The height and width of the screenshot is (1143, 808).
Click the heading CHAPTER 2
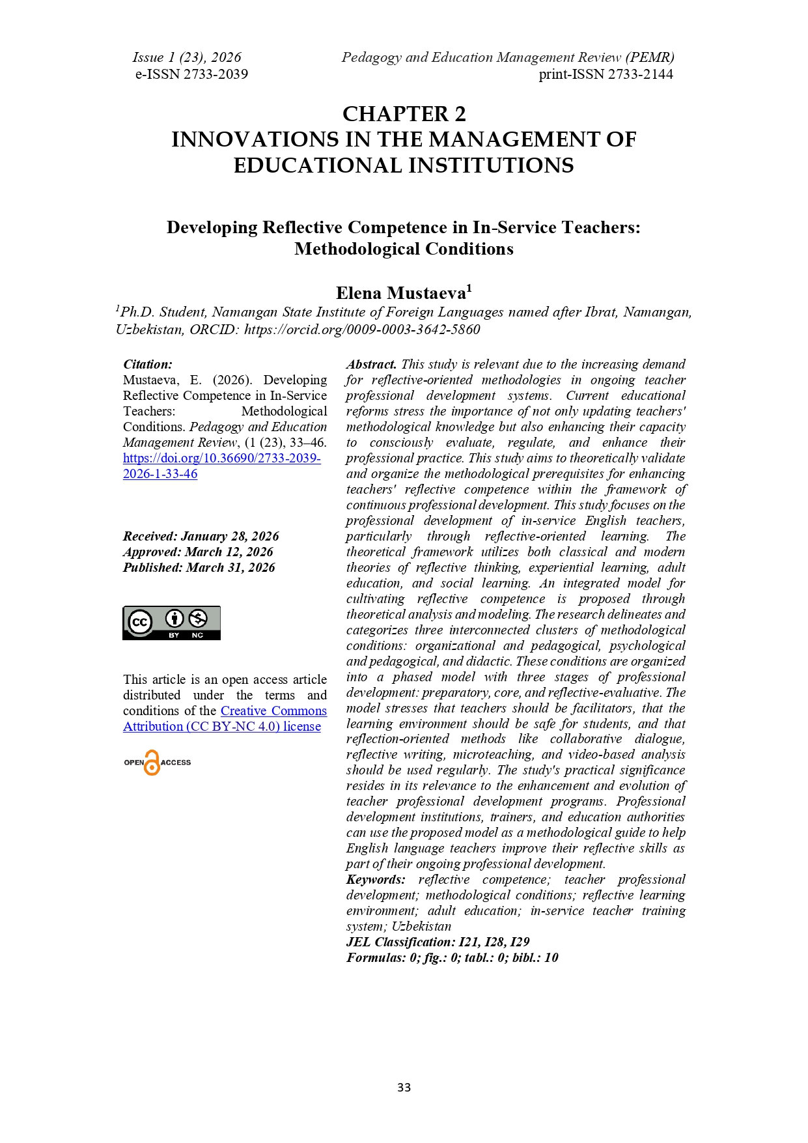404,114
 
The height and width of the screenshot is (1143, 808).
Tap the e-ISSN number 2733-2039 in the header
216,74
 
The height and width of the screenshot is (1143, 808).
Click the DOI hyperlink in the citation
221,466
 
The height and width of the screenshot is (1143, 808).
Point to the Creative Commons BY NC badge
172,623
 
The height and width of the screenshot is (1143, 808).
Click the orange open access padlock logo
152,763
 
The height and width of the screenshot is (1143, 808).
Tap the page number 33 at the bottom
404,1087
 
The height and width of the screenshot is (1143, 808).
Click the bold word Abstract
371,364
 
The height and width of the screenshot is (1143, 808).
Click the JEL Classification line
438,942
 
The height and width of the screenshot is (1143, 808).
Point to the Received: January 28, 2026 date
201,536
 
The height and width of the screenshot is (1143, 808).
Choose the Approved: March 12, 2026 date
198,552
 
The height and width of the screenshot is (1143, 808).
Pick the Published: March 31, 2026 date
199,567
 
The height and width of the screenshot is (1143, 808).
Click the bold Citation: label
148,364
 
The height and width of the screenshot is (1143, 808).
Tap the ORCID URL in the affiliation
362,330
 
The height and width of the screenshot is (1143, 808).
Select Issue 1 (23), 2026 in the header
187,57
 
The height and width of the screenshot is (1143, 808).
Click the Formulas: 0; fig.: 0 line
452,957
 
